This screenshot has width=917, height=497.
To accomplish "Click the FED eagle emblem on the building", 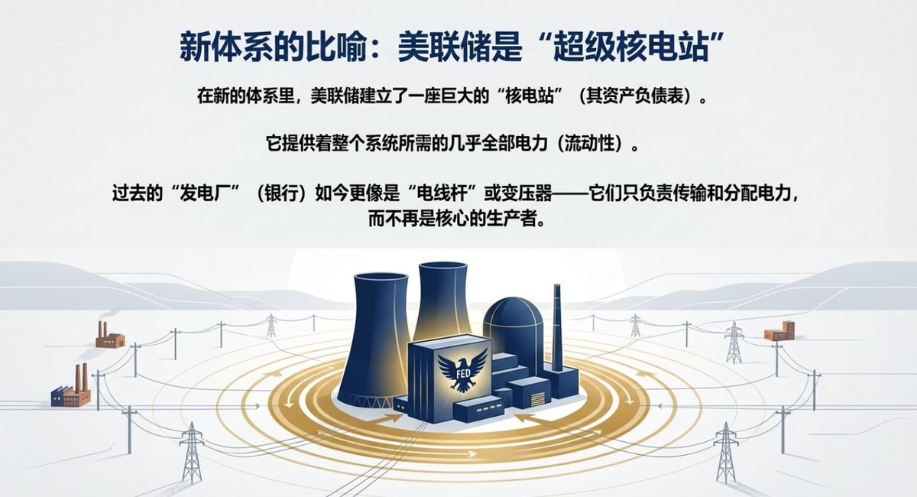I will [457, 372].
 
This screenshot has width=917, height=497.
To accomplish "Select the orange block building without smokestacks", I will [779, 331].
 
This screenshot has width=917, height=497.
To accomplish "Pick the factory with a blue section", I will [70, 390].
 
